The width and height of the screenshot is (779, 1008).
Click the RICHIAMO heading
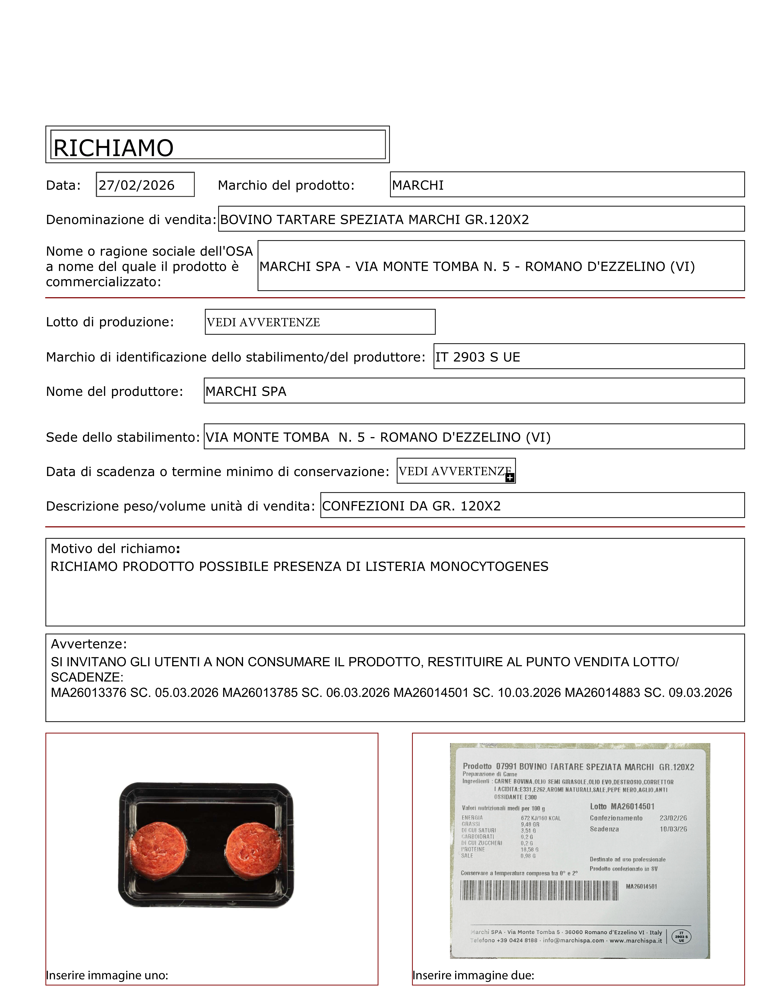click(113, 148)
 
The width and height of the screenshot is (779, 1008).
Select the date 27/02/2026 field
click(137, 185)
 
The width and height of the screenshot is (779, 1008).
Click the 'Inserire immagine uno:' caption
click(107, 975)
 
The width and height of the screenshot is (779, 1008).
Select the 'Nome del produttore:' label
click(114, 391)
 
